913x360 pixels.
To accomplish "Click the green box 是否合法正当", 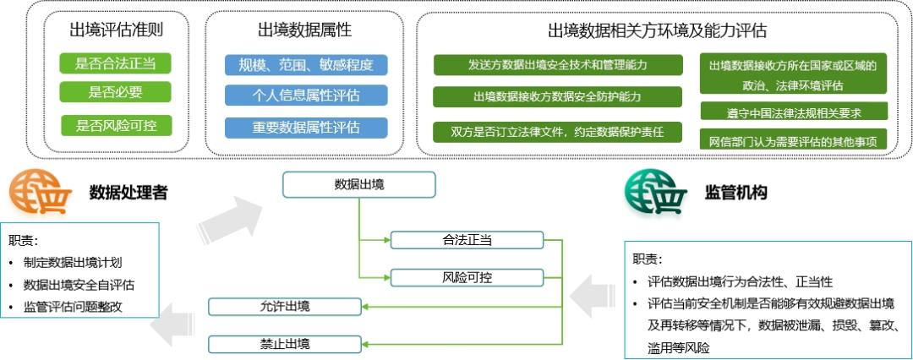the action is [x=115, y=63].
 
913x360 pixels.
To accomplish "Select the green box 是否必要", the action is [x=115, y=91].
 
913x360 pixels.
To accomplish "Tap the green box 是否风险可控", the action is [x=117, y=125].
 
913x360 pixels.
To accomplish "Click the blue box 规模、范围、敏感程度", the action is [x=306, y=65].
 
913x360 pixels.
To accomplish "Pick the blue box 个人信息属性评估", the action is [x=306, y=95].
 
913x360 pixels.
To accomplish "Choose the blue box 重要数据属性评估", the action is [x=306, y=127].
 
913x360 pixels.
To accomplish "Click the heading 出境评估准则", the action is [x=116, y=30].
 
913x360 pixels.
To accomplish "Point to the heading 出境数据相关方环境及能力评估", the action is [x=657, y=30].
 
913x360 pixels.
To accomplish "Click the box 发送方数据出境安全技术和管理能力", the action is [x=557, y=65].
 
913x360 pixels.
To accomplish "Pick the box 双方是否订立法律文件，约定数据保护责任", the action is [x=557, y=132].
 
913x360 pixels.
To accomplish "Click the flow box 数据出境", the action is [x=359, y=185].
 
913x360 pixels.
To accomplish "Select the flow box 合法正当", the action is [x=467, y=239].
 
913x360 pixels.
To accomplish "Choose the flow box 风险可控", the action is [x=467, y=277].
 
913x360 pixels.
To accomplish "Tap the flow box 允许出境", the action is [x=286, y=306].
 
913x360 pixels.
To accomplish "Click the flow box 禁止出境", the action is [x=286, y=344].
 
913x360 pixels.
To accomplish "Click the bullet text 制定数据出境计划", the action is [x=73, y=262].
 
